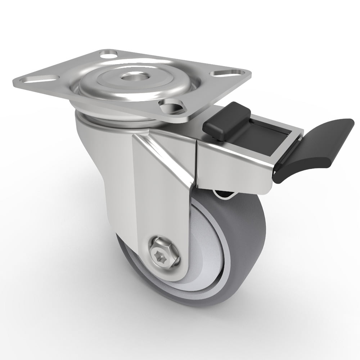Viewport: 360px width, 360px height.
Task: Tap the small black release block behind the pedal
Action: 224,121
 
